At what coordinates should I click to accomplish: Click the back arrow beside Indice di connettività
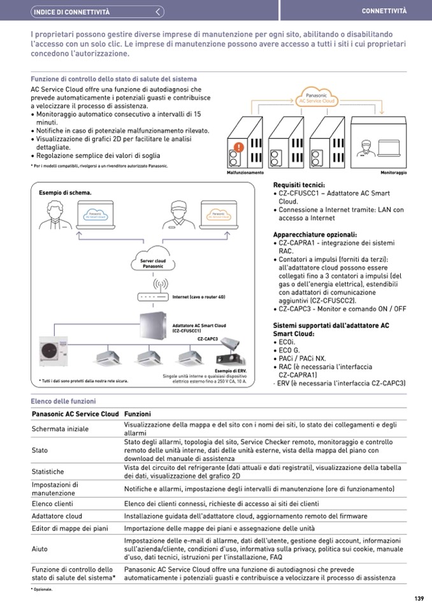tap(159, 11)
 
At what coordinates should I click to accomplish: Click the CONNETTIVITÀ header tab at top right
tap(384, 11)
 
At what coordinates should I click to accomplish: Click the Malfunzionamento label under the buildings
tap(245, 173)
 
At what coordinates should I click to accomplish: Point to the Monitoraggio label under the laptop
tap(393, 173)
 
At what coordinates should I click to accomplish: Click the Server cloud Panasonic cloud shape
tap(152, 262)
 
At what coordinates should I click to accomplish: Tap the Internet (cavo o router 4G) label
tap(199, 297)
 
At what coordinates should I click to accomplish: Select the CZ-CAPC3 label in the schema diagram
tap(208, 339)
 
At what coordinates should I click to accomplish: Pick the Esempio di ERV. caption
tap(231, 370)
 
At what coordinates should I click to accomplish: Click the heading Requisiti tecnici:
tap(299, 185)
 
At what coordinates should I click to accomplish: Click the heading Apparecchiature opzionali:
tap(314, 234)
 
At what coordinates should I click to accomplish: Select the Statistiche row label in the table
tap(48, 471)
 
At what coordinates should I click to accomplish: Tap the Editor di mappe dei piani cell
tap(70, 529)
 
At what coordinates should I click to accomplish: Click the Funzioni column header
tap(137, 414)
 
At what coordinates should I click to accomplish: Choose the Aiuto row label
tap(40, 549)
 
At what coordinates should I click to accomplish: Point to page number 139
tap(419, 598)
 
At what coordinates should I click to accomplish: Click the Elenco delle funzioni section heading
tap(63, 401)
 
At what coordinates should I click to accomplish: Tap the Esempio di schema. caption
tap(64, 192)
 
